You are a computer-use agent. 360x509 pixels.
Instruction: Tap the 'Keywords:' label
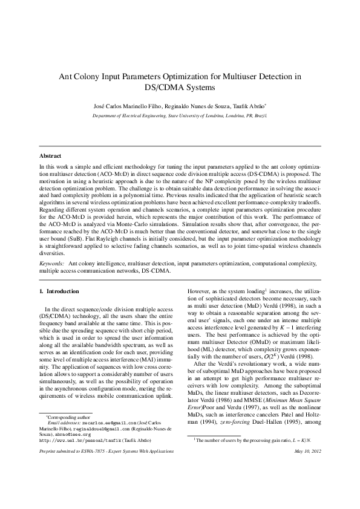click(x=52, y=264)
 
